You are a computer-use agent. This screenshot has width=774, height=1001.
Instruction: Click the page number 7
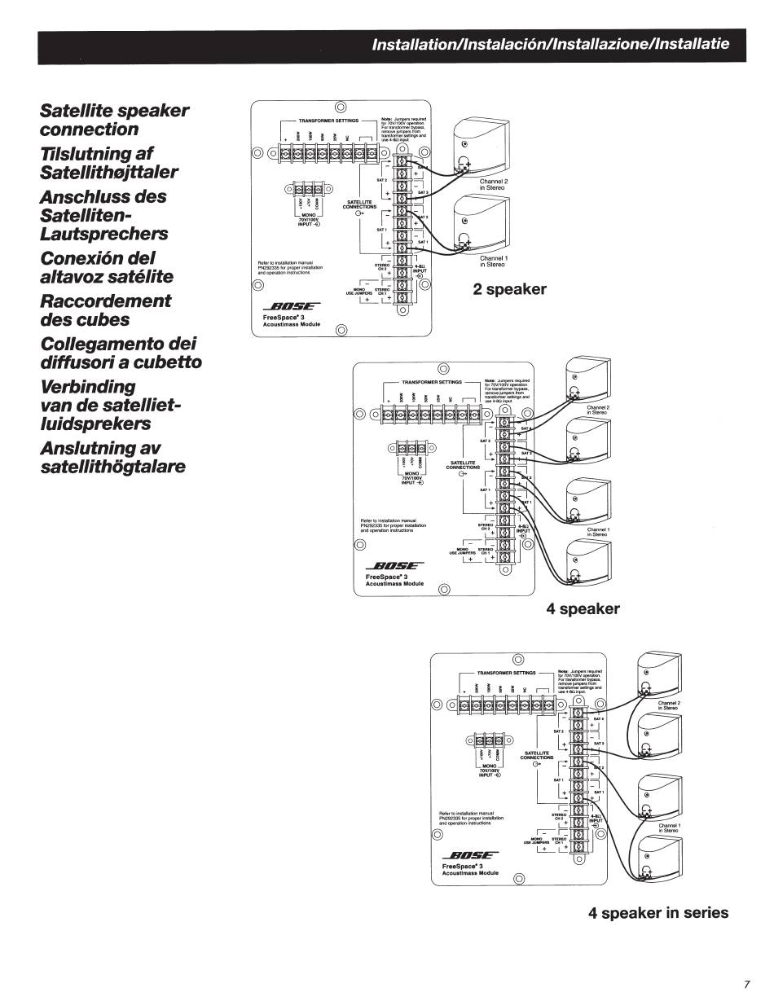746,982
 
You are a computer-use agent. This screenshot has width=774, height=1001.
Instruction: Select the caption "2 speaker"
510,289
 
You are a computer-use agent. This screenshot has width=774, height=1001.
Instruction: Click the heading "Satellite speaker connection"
114,120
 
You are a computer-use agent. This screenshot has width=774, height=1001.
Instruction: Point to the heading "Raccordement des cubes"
105,310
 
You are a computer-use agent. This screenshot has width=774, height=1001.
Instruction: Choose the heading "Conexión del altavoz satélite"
106,266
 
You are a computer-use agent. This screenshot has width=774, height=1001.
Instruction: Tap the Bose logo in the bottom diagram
468,855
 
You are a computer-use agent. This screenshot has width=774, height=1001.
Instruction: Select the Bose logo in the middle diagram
394,566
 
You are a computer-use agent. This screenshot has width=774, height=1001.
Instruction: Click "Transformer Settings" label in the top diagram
323,119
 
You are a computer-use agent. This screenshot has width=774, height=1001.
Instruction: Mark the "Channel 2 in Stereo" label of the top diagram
493,184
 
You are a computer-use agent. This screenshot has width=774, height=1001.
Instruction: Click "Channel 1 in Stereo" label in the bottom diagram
668,828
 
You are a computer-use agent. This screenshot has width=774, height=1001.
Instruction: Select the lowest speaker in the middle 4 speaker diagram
587,562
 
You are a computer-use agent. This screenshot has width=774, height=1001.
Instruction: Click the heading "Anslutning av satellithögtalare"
112,457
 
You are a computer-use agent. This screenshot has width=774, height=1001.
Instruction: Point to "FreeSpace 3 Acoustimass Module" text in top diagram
292,320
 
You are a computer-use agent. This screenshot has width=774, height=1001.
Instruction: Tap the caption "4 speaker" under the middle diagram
583,609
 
